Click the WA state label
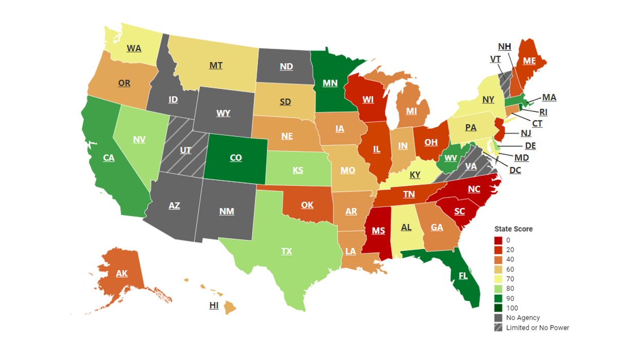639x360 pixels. pyautogui.click(x=134, y=49)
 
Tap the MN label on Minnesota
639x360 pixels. pyautogui.click(x=330, y=83)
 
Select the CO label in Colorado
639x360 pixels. pyautogui.click(x=236, y=158)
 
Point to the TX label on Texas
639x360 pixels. pyautogui.click(x=286, y=251)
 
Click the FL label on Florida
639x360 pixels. pyautogui.click(x=463, y=276)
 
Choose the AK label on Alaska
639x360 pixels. pyautogui.click(x=122, y=274)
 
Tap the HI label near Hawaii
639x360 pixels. pyautogui.click(x=214, y=306)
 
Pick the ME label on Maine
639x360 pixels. pyautogui.click(x=530, y=61)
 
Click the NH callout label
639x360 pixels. pyautogui.click(x=505, y=47)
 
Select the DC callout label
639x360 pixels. pyautogui.click(x=515, y=170)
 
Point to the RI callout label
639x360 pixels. pyautogui.click(x=543, y=112)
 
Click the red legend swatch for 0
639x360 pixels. pyautogui.click(x=498, y=240)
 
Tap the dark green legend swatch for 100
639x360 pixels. pyautogui.click(x=498, y=308)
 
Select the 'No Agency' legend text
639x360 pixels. pyautogui.click(x=523, y=318)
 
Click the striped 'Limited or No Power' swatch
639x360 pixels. pyautogui.click(x=498, y=328)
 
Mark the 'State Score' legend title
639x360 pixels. pyautogui.click(x=513, y=229)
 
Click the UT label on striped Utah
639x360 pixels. pyautogui.click(x=186, y=150)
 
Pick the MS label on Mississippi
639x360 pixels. pyautogui.click(x=378, y=231)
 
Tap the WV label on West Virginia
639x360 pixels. pyautogui.click(x=450, y=158)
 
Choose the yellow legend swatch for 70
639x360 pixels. pyautogui.click(x=498, y=279)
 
